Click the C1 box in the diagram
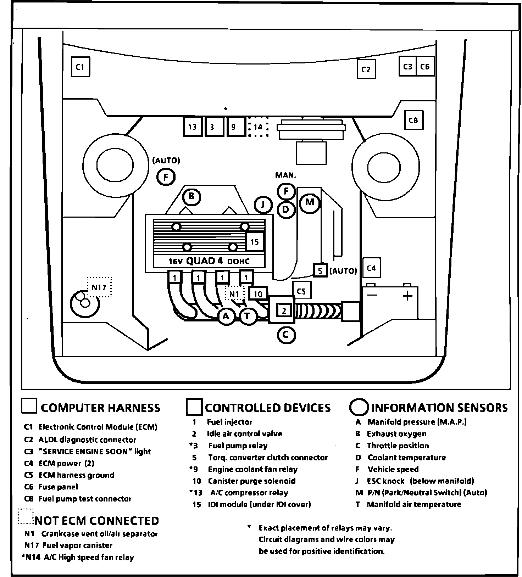coord(80,67)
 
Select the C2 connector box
coord(366,69)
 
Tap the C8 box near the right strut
coord(413,121)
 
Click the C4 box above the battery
coord(371,268)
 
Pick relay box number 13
coord(193,127)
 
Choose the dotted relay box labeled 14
coord(258,127)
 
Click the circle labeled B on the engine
coord(191,196)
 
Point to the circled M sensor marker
coord(310,202)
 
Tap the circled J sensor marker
coord(263,205)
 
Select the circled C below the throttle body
coord(286,334)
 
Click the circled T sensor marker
coord(248,316)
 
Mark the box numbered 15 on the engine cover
coord(255,242)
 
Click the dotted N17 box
coord(99,287)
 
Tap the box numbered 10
coord(258,294)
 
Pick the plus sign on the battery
coord(407,295)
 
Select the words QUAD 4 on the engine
coord(205,261)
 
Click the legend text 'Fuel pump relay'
coord(238,446)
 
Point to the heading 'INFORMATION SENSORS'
coord(439,408)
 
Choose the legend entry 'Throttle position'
coord(398,446)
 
